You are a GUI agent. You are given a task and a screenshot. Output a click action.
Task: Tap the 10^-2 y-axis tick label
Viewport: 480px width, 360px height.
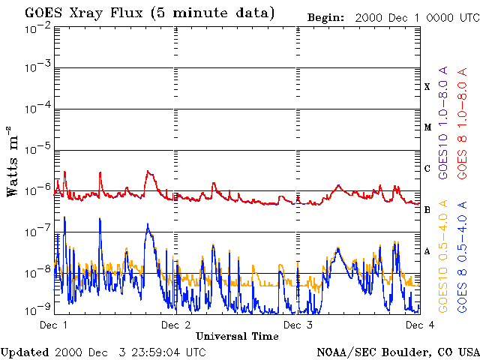point(37,28)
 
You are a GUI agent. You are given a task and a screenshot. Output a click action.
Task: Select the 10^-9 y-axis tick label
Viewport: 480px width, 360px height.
point(37,309)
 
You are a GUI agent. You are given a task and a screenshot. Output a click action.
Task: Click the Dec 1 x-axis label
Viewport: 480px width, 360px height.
point(53,325)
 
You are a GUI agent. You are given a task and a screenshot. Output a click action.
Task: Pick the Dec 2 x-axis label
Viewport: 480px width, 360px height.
point(175,325)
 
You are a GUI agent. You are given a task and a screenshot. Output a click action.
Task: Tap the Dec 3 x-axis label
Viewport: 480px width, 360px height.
point(298,325)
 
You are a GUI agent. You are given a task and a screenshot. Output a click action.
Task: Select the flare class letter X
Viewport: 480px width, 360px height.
point(427,87)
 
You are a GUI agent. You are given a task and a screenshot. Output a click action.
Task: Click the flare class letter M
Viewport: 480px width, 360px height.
point(427,127)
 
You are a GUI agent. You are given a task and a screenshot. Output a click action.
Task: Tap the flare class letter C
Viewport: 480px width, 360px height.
point(427,169)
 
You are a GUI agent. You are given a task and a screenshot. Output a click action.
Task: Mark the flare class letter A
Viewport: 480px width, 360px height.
point(427,251)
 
